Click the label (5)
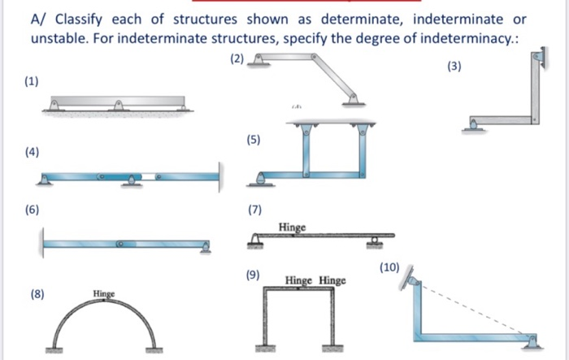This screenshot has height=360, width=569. click(254, 140)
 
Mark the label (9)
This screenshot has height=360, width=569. click(254, 276)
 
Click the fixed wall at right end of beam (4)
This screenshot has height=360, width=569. click(219, 176)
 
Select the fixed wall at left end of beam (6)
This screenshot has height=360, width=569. click(41, 241)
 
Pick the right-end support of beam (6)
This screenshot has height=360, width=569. click(206, 248)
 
